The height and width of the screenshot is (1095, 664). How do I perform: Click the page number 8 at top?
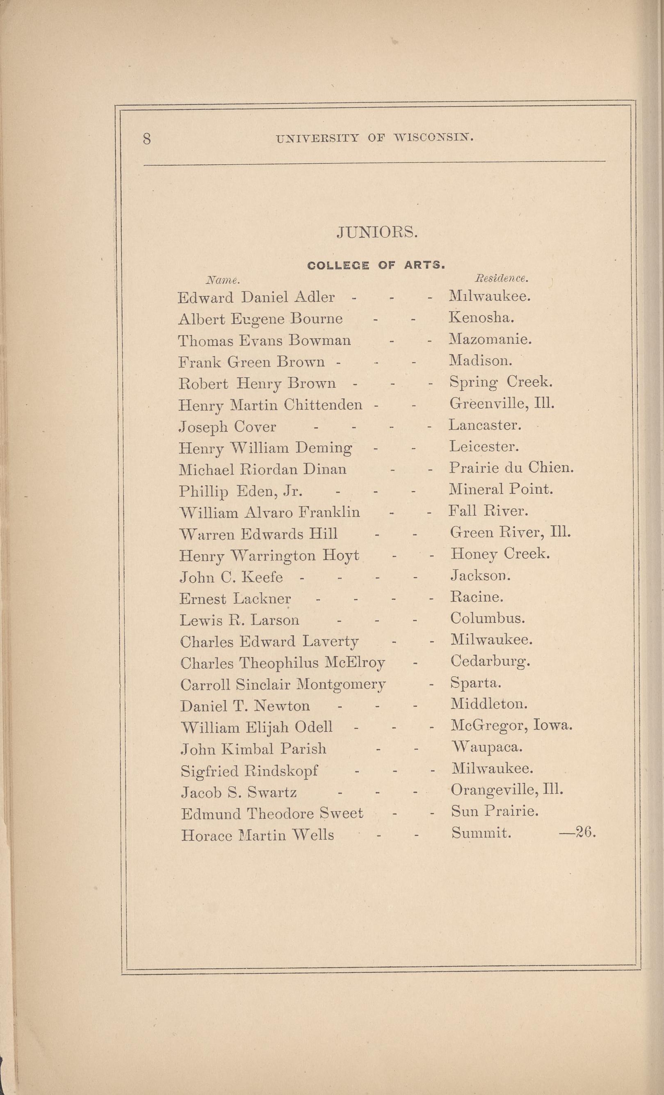pos(147,139)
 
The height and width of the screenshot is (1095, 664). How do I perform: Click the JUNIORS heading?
pos(377,232)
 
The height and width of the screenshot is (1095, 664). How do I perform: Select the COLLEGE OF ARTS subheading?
pos(376,265)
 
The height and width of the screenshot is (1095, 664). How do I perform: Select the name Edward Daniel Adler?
pos(256,297)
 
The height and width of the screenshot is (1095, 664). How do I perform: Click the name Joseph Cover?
pos(227,427)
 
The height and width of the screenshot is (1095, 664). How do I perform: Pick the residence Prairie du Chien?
pos(511,468)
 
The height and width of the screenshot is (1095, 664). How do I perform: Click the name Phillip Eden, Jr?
pos(241,491)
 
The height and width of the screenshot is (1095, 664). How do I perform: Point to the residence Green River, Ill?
pos(510,532)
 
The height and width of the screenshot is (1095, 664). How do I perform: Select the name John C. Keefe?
pos(231,577)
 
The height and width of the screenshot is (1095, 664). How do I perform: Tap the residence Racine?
pos(477,597)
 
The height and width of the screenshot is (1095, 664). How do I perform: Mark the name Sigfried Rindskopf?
pos(249,771)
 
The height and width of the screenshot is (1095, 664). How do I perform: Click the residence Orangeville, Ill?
pos(507,790)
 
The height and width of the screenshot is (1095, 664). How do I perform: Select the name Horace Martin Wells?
pos(257,835)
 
